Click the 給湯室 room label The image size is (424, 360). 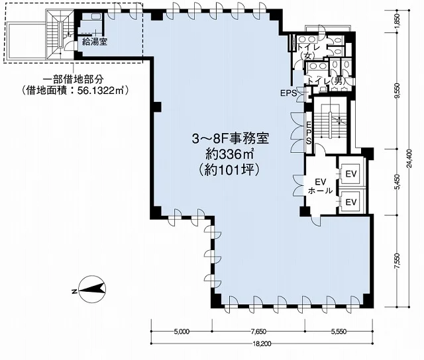click(x=95, y=42)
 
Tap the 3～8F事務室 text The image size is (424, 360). click(x=231, y=139)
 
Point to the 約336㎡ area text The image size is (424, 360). click(x=230, y=154)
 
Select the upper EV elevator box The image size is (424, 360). click(x=351, y=173)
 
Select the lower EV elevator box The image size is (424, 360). click(x=351, y=202)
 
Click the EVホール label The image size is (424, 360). click(x=321, y=186)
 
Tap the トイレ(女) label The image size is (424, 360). click(x=308, y=52)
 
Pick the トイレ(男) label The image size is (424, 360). click(x=328, y=81)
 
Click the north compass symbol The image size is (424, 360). click(x=89, y=290)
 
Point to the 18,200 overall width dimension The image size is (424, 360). click(x=262, y=344)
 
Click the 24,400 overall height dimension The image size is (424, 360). click(x=410, y=158)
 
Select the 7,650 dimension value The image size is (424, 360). click(x=258, y=331)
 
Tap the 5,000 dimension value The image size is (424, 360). click(x=182, y=331)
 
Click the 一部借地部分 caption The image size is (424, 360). click(x=74, y=79)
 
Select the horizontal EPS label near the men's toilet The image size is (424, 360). click(x=288, y=93)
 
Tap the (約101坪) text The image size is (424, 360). click(x=230, y=170)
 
